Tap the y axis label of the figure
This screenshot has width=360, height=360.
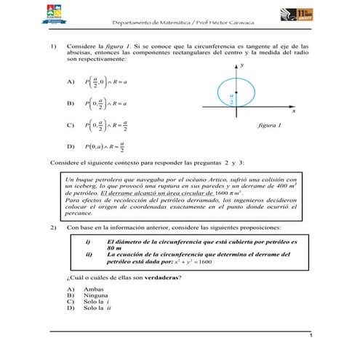pos(242,65)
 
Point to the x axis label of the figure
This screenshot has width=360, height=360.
pos(294,112)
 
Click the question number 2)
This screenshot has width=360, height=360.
pos(53,228)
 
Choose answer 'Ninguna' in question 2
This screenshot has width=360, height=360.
pos(96,296)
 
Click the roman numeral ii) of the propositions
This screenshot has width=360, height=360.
pos(88,254)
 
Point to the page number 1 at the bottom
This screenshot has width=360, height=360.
pos(311,335)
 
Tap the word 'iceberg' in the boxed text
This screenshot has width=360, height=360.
pos(82,186)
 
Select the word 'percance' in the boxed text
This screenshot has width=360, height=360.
pos(79,215)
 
